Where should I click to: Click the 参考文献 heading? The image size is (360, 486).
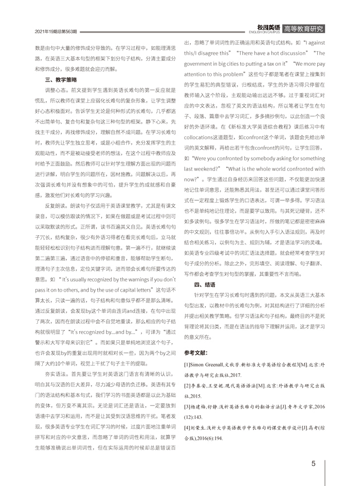tap(197, 351)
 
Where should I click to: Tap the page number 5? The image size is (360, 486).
tap(314, 463)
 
